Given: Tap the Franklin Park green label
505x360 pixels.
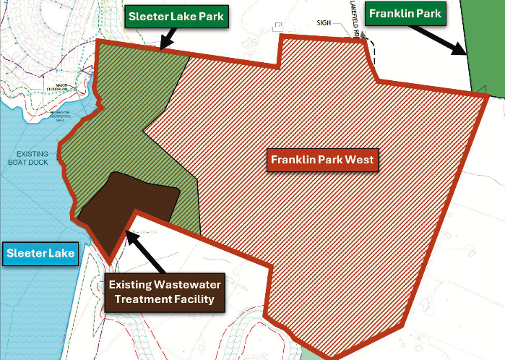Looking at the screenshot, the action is pos(405,12).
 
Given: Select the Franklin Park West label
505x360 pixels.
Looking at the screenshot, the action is pos(323,160).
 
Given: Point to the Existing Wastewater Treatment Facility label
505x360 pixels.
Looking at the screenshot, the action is pos(165,290).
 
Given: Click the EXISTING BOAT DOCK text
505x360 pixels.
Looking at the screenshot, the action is pos(33,159).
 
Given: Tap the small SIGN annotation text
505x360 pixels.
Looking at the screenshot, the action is pos(323,23).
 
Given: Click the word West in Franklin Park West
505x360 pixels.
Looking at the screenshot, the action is pos(359,160).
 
